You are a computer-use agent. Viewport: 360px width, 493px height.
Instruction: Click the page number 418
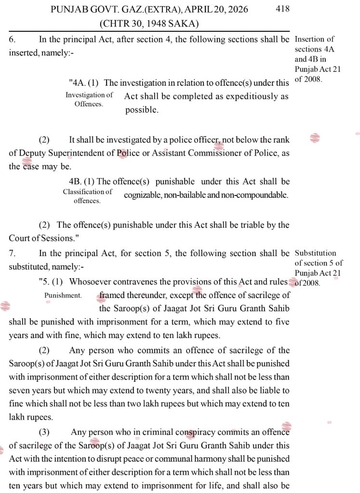[x=283, y=9]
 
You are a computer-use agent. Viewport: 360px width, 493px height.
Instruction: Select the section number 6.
[x=12, y=39]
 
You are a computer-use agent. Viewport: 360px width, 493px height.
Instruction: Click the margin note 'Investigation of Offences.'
[x=89, y=99]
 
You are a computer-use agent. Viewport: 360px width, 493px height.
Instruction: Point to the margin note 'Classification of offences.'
[x=87, y=196]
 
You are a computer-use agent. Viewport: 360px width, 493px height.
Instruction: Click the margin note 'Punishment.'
[x=63, y=295]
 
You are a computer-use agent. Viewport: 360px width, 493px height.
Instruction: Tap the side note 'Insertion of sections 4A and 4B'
[x=317, y=59]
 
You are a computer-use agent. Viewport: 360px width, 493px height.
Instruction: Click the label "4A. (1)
[x=84, y=83]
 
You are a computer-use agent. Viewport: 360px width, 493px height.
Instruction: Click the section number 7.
[x=12, y=253]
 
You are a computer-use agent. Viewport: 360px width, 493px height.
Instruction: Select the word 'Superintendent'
[x=80, y=153]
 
